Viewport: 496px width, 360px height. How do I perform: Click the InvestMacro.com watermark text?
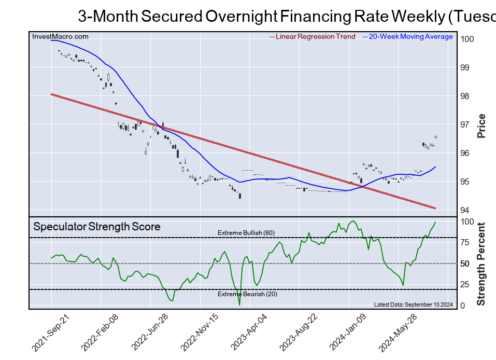coord(60,37)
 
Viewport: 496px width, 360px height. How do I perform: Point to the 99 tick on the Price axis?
coord(465,68)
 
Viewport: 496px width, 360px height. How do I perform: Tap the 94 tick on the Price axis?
coord(465,210)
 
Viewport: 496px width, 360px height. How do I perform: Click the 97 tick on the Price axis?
coord(465,125)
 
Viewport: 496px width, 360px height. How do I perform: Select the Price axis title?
coord(481,126)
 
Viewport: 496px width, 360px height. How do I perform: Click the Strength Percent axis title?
coord(481,264)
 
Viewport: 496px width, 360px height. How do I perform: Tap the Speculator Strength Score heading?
coord(97,227)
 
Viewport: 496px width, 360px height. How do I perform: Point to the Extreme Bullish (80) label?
coord(246,233)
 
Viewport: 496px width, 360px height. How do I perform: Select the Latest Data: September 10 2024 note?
coord(413,304)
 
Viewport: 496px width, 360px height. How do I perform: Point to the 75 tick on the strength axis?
coord(465,242)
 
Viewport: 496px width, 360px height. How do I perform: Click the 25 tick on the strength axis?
coord(465,285)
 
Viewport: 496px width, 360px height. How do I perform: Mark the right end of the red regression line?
coord(435,208)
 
